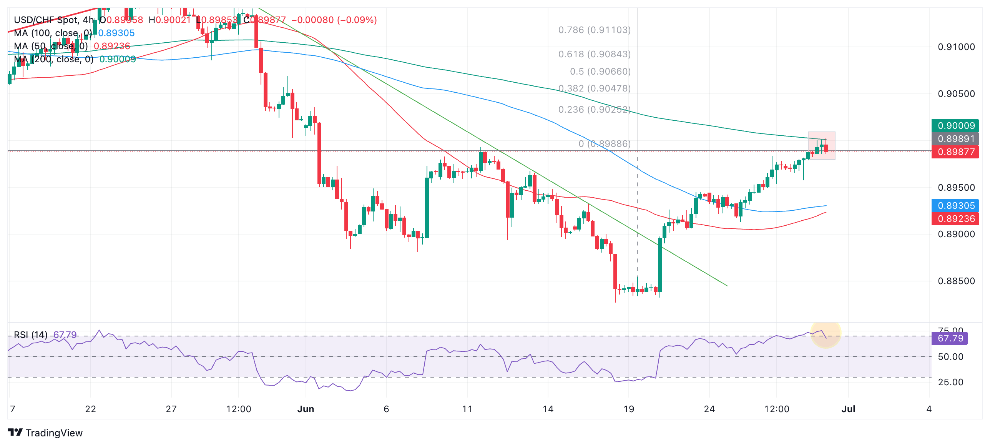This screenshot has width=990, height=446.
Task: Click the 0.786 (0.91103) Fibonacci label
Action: pos(594,30)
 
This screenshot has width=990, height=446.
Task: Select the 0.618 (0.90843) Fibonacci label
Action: pos(594,54)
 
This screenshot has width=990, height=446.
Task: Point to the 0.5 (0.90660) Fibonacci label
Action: pos(600,72)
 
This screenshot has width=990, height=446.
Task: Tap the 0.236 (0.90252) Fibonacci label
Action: pos(594,110)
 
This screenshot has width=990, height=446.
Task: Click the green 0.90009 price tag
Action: pos(955,126)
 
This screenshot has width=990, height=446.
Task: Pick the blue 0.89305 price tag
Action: pos(955,206)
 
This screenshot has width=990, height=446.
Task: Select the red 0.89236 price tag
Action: pos(955,219)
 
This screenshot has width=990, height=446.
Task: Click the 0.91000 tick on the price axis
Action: pos(956,47)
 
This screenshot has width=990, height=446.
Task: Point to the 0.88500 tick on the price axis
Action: pos(956,281)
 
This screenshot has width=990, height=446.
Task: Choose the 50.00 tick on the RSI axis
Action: pos(950,357)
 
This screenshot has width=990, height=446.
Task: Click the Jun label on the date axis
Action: pos(306,409)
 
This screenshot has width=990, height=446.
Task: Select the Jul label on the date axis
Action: pos(848,409)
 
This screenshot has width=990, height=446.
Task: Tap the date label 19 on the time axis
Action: pos(628,409)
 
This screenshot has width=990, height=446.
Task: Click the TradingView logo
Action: pos(45,433)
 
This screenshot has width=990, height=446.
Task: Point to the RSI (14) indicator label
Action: pos(31,335)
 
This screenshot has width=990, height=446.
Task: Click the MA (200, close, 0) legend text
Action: pos(54,59)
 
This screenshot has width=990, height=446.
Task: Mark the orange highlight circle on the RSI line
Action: pos(826,334)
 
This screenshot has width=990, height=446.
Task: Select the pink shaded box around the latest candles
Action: pos(821,146)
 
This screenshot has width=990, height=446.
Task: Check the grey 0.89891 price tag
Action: pos(955,139)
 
